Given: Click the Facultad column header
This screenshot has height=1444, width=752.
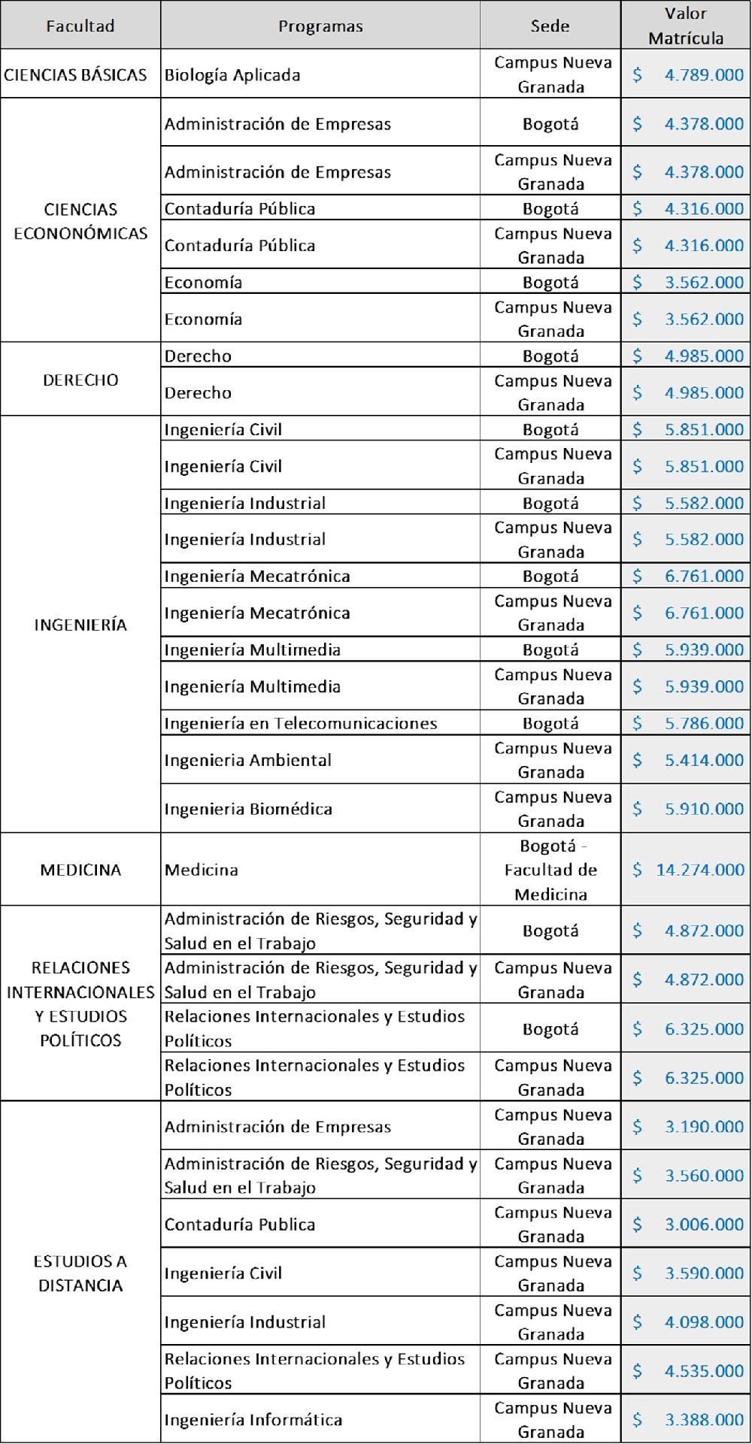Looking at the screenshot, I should [x=80, y=26].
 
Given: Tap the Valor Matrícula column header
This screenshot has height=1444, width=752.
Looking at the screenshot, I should [x=685, y=26].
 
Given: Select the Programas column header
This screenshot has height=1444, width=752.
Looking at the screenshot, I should [x=320, y=26].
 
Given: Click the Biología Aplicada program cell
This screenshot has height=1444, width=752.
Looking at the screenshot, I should [x=232, y=75].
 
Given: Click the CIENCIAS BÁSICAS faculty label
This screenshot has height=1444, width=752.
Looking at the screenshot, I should [x=75, y=75].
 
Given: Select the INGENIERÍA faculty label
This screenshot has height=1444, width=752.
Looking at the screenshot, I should [x=80, y=625].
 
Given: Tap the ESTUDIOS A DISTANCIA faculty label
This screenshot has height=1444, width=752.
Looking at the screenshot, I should [x=80, y=1273].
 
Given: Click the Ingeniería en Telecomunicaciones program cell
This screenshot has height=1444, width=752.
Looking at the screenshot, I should [x=301, y=723].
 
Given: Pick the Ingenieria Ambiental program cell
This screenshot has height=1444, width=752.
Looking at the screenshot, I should [x=248, y=760].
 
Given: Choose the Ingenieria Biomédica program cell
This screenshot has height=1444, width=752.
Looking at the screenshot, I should [x=248, y=809].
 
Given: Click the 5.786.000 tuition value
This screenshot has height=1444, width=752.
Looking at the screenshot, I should [x=704, y=723].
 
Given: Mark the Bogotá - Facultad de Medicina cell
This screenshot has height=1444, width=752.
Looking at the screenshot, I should [x=550, y=870].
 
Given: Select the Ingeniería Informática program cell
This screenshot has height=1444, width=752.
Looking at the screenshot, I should [x=253, y=1419].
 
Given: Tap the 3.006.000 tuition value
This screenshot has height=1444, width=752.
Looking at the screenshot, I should [x=704, y=1224].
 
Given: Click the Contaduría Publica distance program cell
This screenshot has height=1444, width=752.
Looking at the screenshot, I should [x=240, y=1224].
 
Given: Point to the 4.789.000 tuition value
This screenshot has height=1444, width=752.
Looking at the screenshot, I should [x=704, y=75].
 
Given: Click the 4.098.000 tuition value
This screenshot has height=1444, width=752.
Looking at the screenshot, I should [x=704, y=1321].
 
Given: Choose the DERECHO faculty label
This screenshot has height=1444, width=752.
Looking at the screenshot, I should [x=80, y=380].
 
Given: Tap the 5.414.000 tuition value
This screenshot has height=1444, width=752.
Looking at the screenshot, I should [x=704, y=760].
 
